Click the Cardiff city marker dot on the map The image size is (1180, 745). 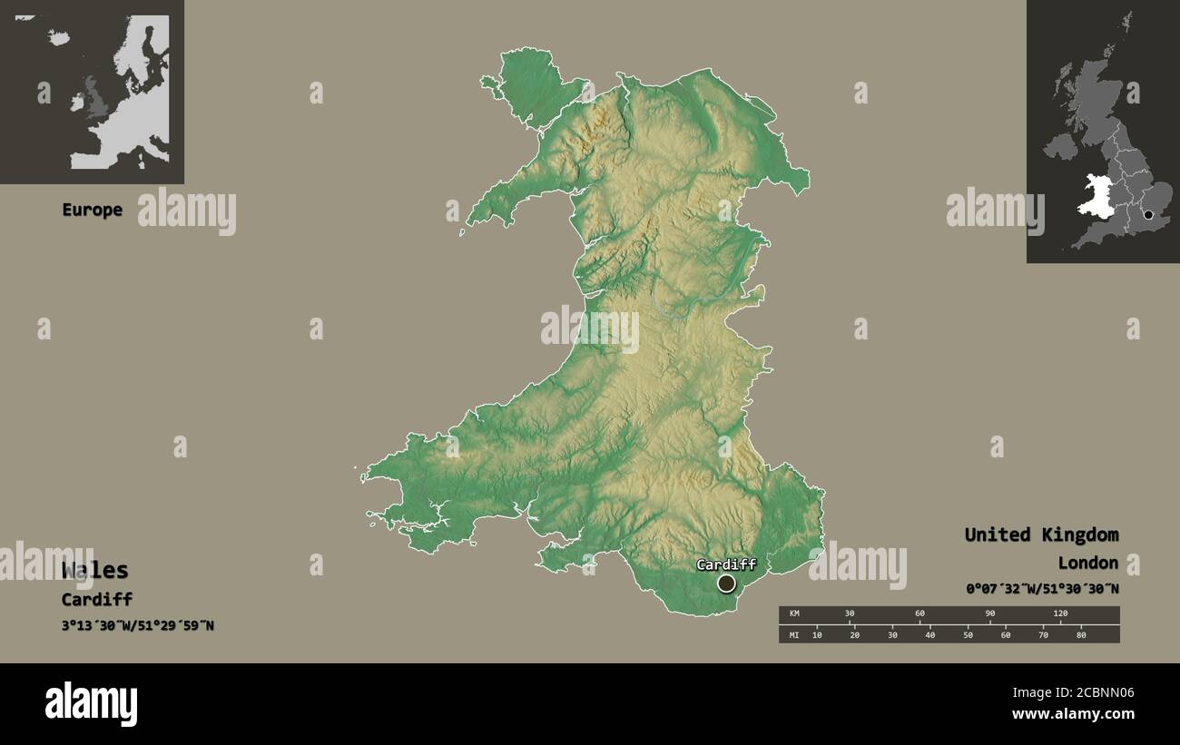click(726, 583)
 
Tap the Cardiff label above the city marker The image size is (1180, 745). click(725, 564)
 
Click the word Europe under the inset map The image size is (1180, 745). click(92, 210)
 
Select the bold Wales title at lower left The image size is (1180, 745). click(95, 570)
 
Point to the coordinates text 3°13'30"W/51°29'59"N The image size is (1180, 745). click(138, 625)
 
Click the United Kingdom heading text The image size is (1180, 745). click(1041, 534)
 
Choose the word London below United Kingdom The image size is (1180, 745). click(1087, 564)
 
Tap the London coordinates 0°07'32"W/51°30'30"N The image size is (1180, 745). click(1042, 589)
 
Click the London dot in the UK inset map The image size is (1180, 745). click(1148, 215)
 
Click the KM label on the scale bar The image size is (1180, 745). click(795, 614)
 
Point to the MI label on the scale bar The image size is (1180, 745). click(795, 634)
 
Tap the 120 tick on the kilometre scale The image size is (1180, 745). click(1060, 614)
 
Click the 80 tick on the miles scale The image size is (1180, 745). click(1081, 634)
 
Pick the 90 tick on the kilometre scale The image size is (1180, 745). click(990, 614)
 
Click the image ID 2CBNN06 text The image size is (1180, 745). click(1099, 693)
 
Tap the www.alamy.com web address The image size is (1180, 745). click(1073, 714)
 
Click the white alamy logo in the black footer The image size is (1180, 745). click(92, 704)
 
